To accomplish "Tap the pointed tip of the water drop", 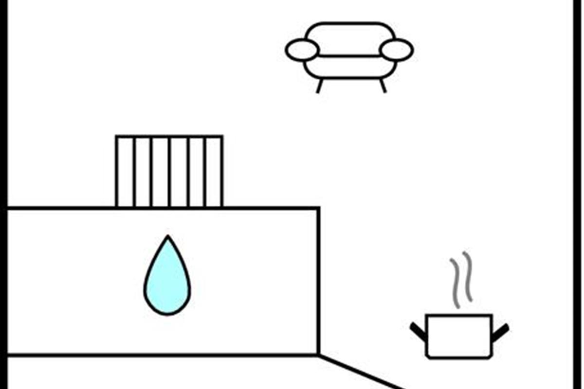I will tap(168, 237).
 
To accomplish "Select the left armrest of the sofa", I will tap(302, 50).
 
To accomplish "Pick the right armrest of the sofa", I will tap(396, 50).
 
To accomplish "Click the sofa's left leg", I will tap(319, 86).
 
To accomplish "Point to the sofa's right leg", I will tap(383, 86).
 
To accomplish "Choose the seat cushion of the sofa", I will tap(349, 67).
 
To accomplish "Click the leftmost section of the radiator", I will tap(126, 172).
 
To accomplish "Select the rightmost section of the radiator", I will tap(214, 172).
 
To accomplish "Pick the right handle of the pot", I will tap(500, 332).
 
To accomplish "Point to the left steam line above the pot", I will tap(456, 284).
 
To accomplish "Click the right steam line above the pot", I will tap(468, 276).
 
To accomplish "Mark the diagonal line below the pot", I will tap(360, 372).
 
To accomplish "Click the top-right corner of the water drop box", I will tap(318, 209).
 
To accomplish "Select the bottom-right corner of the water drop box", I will tap(318, 355).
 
